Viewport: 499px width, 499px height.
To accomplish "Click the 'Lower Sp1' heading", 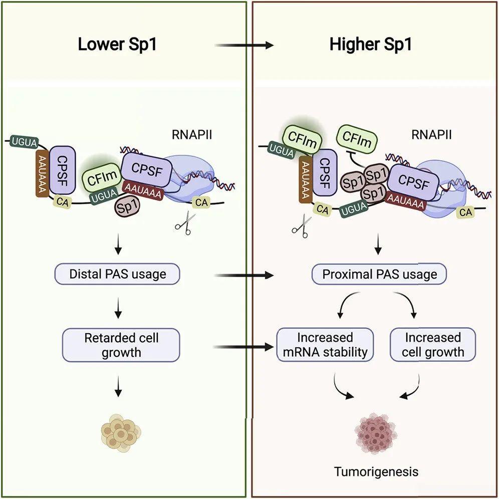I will (x=117, y=45).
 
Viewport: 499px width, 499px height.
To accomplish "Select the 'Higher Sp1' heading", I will (x=371, y=45).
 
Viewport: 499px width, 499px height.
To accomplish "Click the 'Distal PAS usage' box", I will (x=117, y=274).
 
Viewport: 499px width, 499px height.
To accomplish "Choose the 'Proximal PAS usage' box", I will (x=379, y=275).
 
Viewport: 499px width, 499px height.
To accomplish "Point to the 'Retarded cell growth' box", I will (x=121, y=345).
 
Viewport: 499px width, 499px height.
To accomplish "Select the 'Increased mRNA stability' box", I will (x=325, y=345).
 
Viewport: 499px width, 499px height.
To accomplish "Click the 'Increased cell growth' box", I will (x=432, y=345).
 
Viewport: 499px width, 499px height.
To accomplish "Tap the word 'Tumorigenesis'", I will (x=377, y=471).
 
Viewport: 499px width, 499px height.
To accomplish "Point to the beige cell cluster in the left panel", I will (x=121, y=432).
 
